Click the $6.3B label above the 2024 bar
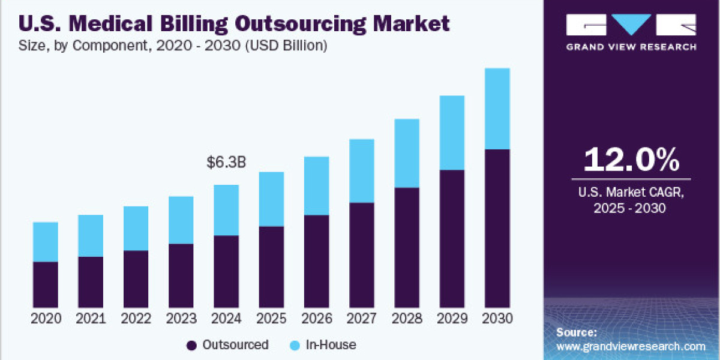[x=226, y=162]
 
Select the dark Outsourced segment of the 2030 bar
[x=497, y=228]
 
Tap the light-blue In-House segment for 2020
[x=46, y=242]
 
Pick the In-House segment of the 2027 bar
[x=362, y=171]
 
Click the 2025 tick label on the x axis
[x=271, y=318]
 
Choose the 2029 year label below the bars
[x=452, y=318]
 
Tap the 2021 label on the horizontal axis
[x=91, y=318]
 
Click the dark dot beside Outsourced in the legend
[x=192, y=345]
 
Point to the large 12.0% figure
[x=631, y=160]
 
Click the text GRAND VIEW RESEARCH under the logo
[x=631, y=47]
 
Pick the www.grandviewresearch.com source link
[x=631, y=346]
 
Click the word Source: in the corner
[x=577, y=332]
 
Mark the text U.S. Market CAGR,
[x=631, y=193]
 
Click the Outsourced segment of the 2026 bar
[x=316, y=262]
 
